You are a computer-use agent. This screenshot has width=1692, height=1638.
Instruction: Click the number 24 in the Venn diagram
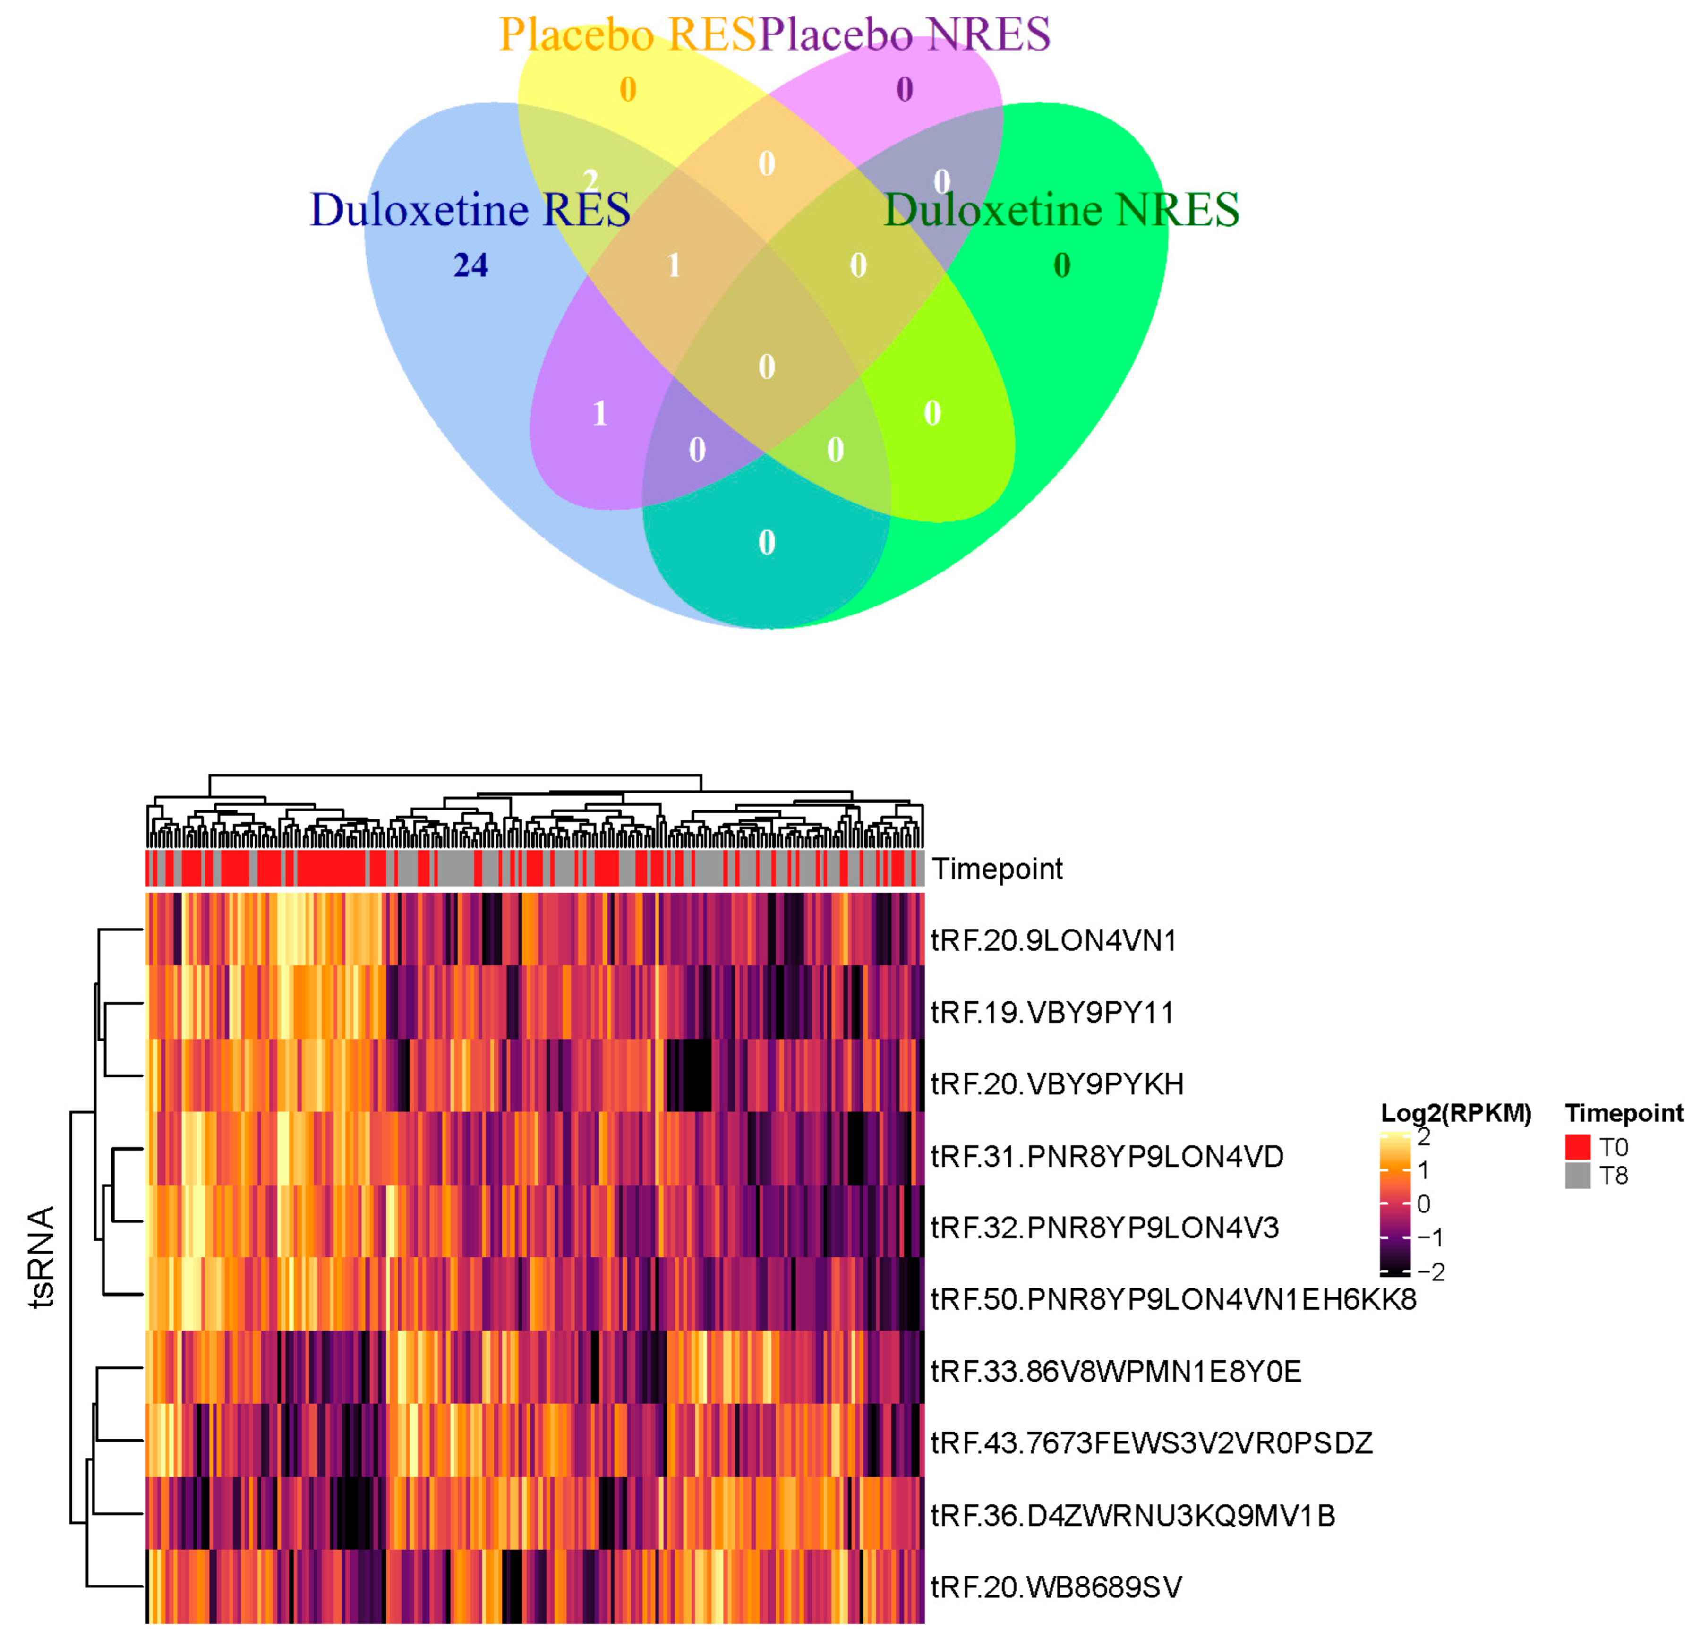470,265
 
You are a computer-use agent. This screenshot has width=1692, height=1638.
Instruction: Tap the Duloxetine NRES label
1062,210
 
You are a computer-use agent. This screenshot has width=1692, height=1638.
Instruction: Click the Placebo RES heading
628,34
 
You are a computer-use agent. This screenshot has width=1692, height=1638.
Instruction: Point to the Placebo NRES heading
905,34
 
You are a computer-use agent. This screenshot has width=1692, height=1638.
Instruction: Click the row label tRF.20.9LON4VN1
1054,941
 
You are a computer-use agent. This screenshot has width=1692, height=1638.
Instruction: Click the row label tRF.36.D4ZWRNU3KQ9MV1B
1133,1516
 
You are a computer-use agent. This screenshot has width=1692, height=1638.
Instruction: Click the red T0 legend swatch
1577,1147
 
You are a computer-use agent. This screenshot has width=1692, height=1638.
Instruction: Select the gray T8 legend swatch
1577,1176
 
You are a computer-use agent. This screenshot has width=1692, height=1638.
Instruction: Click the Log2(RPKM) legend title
1455,1113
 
